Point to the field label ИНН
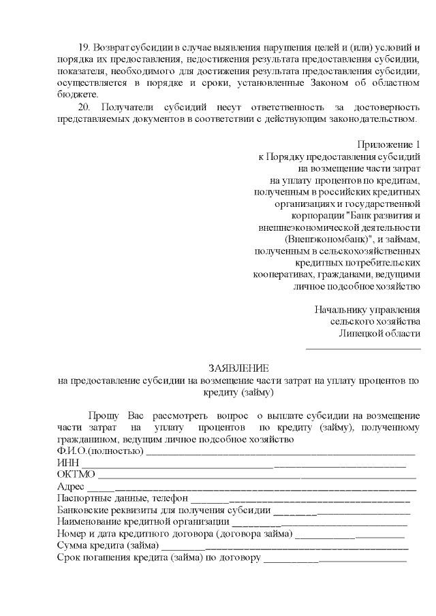(x=68, y=464)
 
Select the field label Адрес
(x=71, y=487)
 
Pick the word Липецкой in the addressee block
(x=359, y=334)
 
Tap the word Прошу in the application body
(x=102, y=416)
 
